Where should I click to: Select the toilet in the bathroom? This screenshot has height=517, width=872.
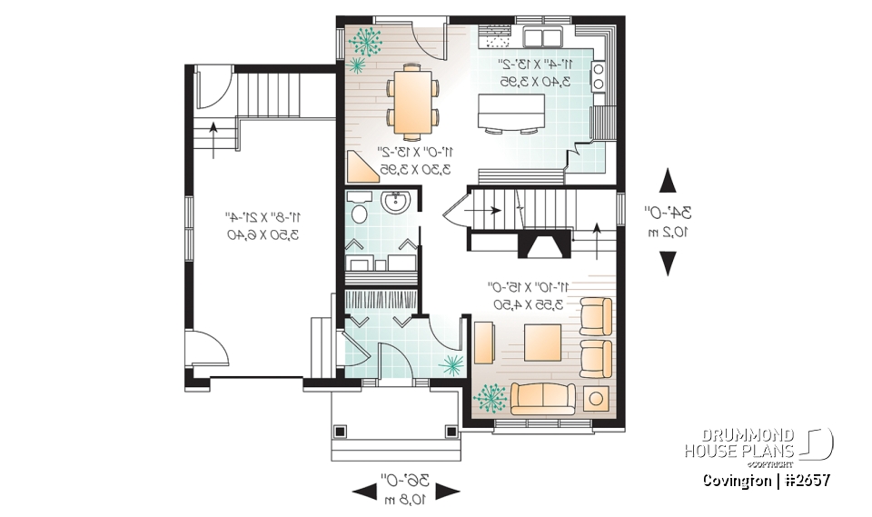tap(360, 212)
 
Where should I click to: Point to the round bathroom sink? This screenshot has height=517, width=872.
tap(396, 203)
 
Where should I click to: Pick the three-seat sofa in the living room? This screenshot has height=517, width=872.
tap(542, 398)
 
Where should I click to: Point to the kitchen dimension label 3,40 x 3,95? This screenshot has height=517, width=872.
tap(536, 80)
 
